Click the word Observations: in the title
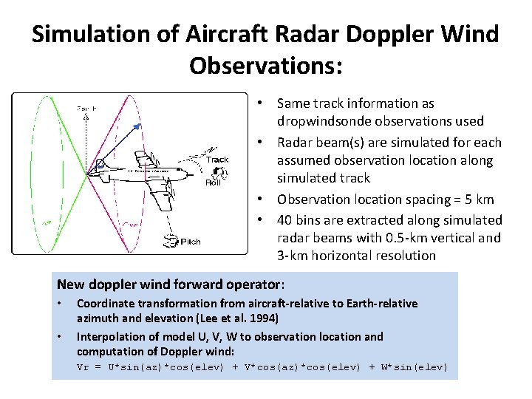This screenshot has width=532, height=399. (x=266, y=65)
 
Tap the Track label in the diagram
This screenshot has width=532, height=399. (x=217, y=160)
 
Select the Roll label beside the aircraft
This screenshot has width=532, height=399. (x=212, y=183)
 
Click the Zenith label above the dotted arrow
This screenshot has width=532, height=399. (x=86, y=109)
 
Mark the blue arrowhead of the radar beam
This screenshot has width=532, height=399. (x=137, y=128)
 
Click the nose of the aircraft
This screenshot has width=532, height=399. (x=91, y=171)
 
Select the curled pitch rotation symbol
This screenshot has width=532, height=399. (x=171, y=239)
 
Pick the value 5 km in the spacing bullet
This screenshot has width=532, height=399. (x=477, y=199)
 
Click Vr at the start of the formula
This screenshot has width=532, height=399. (x=83, y=367)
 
